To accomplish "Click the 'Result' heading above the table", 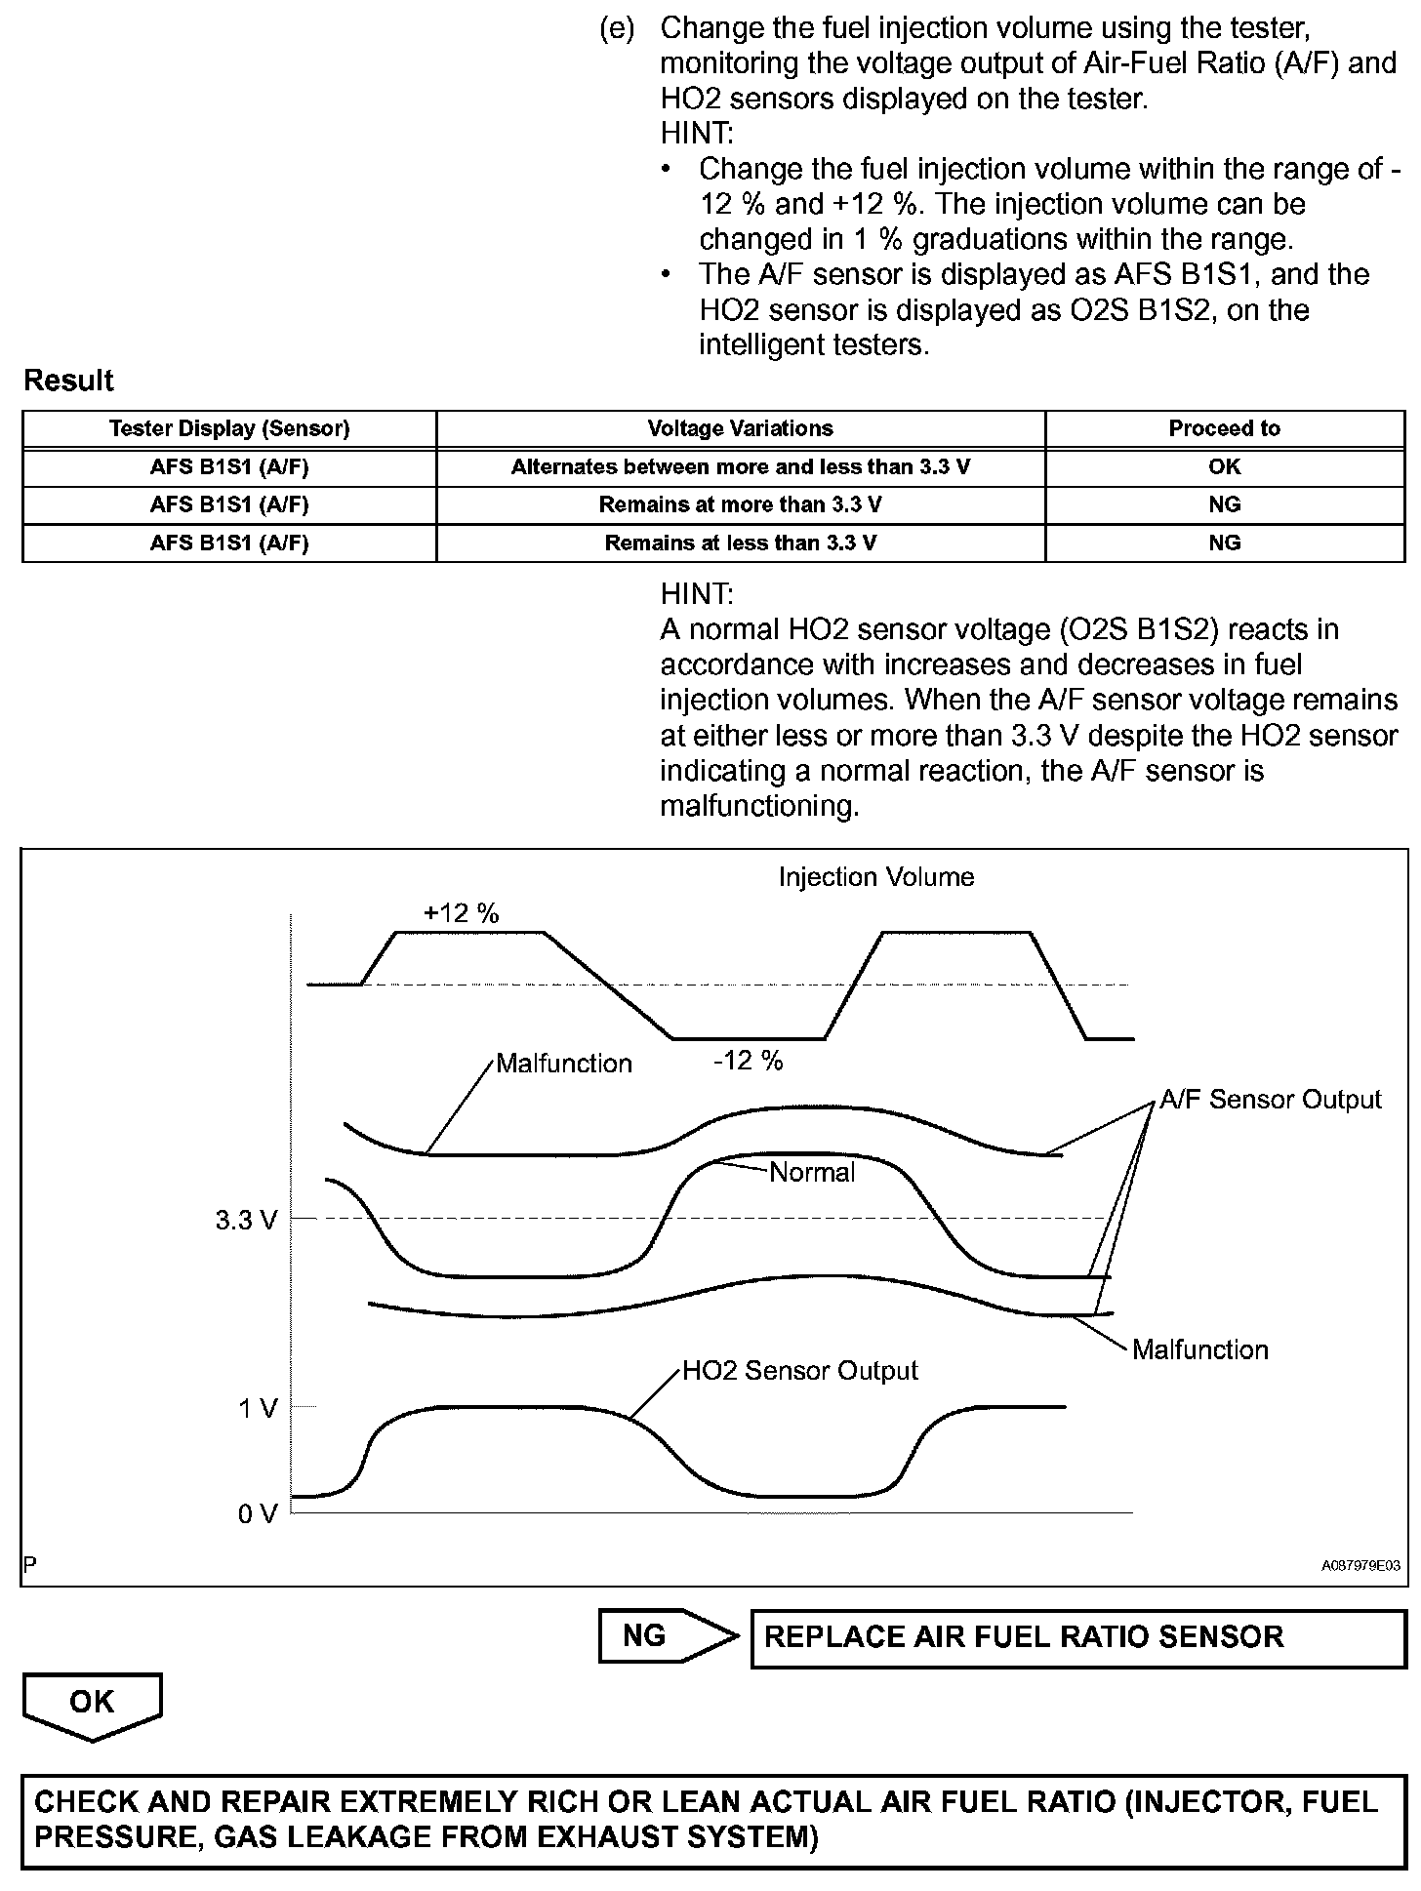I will pos(68,381).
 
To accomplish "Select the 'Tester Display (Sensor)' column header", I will pos(229,428).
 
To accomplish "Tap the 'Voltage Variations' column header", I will pos(740,428).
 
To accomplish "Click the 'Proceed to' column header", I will pos(1224,428).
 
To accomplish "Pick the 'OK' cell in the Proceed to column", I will pos(1224,466).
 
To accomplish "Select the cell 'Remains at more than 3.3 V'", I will pos(740,504).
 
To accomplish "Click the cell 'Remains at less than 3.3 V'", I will pos(740,543).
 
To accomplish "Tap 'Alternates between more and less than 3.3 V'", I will pos(740,466).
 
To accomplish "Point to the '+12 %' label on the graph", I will pos(461,913).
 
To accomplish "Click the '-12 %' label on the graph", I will pos(748,1061).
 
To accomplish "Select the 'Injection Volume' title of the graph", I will pos(875,877).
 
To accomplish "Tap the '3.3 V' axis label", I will pos(246,1221).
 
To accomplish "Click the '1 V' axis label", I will pos(258,1408).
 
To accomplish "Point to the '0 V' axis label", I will pos(258,1513).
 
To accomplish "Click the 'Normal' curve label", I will pos(812,1172).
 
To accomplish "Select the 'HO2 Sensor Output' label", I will pos(799,1371).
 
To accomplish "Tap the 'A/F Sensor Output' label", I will pos(1270,1100).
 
